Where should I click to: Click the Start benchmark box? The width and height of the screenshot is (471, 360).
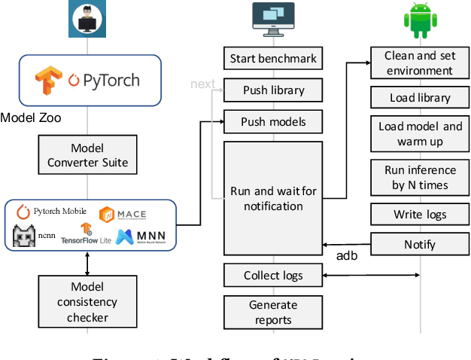[273, 58]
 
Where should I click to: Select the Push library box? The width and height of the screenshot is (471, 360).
[273, 90]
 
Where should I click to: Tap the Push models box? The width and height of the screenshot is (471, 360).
[273, 121]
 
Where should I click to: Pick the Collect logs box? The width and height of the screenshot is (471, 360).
[273, 276]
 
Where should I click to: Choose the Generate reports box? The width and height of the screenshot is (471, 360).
[273, 312]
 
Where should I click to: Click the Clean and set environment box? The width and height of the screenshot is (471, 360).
[419, 63]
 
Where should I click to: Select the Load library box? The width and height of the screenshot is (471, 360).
[419, 98]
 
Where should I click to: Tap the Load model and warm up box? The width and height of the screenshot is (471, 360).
[419, 133]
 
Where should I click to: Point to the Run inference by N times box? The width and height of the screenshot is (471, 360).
[419, 178]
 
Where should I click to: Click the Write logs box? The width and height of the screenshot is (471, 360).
[419, 215]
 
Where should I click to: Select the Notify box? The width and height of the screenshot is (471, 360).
[419, 244]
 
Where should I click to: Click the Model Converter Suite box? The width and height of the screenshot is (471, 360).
[87, 155]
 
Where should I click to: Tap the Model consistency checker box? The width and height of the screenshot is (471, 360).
[87, 302]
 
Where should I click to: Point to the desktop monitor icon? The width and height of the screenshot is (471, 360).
[273, 18]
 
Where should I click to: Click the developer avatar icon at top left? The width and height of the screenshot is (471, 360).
[88, 18]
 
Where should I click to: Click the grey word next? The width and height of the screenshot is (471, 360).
[202, 84]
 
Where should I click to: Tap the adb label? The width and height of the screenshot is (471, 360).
[347, 256]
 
